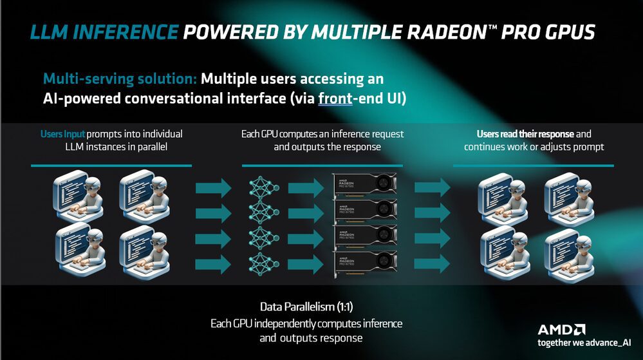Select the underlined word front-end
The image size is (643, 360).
(346, 99)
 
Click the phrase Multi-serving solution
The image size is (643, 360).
(120, 79)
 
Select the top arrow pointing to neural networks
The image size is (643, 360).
(213, 188)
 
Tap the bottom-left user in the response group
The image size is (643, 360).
(503, 247)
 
